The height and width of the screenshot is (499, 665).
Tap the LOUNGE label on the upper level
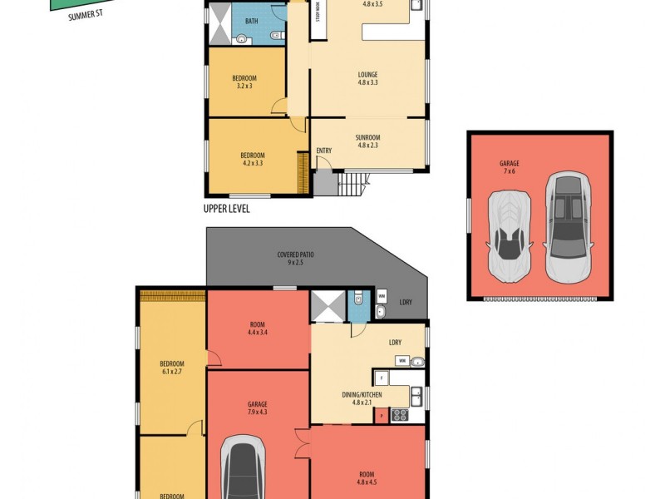tap(367, 74)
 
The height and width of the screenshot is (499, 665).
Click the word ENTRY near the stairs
tap(324, 151)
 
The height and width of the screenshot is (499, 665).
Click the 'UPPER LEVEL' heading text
tap(226, 209)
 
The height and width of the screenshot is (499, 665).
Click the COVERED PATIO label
tap(296, 254)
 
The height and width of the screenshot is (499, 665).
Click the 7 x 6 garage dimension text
tap(510, 170)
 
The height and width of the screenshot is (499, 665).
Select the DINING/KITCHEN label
tap(362, 395)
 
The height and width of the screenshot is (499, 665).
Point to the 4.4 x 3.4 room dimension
tap(258, 333)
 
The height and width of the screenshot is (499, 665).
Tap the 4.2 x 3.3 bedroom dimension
tap(251, 164)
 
